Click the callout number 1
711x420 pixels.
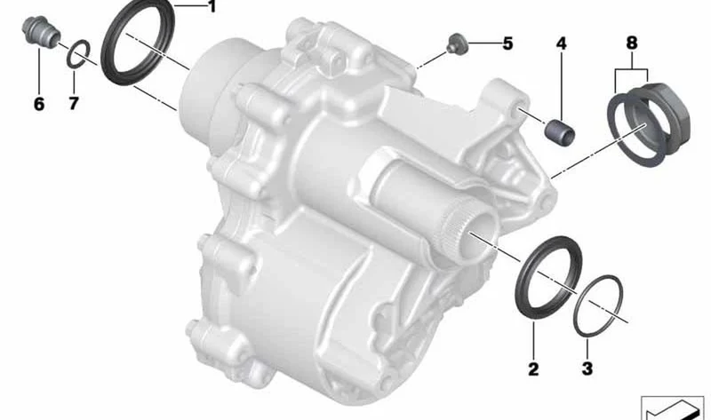(211, 7)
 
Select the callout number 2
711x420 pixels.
(533, 368)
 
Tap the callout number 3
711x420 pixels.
(587, 368)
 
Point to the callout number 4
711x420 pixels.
(562, 44)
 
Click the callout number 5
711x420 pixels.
(507, 44)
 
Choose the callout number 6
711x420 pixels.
(39, 104)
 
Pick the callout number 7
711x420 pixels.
(74, 104)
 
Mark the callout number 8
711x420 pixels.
(632, 43)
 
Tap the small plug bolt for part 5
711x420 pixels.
(454, 44)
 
